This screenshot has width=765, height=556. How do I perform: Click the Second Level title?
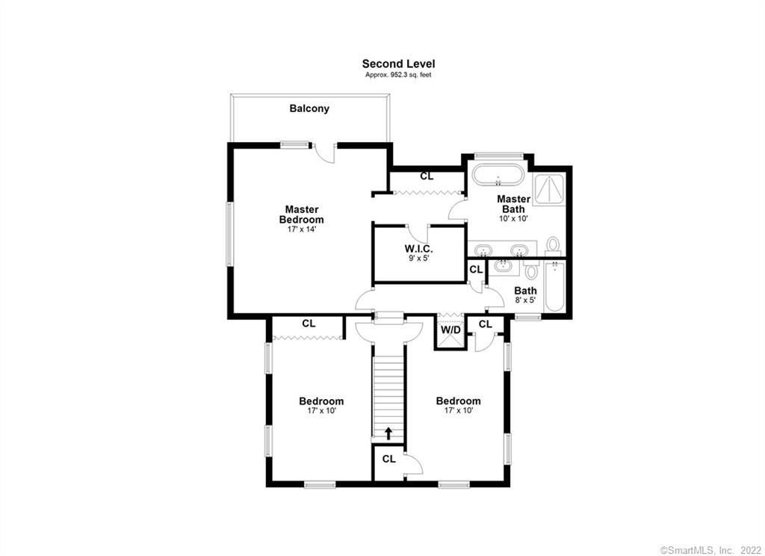click(398, 64)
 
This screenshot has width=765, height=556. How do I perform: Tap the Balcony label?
click(309, 108)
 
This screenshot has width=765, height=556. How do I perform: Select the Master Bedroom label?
click(302, 214)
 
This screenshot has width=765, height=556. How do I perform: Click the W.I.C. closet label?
click(418, 249)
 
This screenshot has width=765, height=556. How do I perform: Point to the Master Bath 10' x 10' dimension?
click(513, 219)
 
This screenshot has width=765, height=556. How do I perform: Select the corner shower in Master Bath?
click(548, 188)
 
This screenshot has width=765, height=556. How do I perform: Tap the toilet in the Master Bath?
click(553, 246)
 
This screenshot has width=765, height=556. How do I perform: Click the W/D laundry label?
click(450, 330)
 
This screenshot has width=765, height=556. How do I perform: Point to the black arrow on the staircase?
click(388, 433)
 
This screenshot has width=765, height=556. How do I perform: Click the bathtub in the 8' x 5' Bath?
click(554, 286)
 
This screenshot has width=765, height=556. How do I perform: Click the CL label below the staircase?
click(388, 460)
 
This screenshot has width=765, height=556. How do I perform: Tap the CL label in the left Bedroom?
click(309, 324)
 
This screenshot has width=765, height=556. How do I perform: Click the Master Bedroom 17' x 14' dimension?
click(302, 229)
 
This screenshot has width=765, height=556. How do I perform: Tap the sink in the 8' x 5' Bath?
click(503, 267)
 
